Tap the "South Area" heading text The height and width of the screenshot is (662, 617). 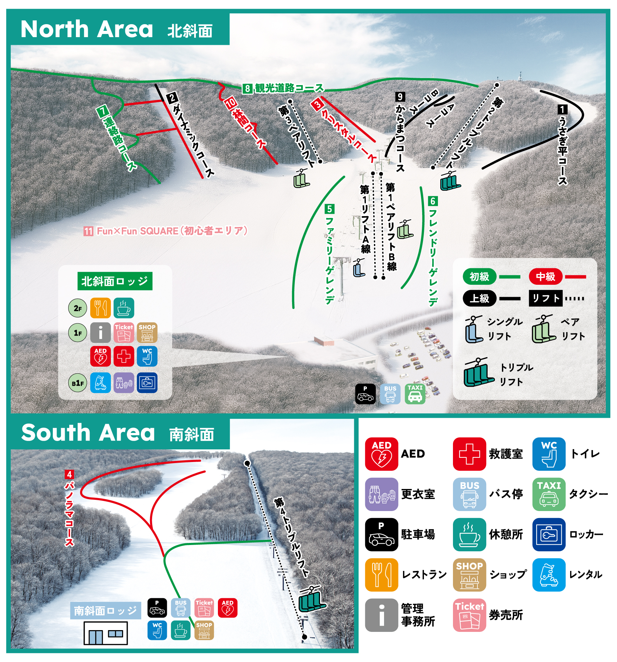88,433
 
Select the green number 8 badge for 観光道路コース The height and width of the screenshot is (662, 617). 248,88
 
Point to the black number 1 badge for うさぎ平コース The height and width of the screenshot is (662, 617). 562,109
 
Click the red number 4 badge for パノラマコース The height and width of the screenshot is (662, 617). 69,475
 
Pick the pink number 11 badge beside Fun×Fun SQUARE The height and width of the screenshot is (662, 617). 88,231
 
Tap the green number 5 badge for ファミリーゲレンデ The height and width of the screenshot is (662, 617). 329,209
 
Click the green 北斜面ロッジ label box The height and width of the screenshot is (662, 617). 115,281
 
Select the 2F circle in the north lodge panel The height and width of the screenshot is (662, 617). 77,308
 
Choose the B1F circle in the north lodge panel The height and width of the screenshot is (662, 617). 77,383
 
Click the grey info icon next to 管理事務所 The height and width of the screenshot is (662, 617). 381,615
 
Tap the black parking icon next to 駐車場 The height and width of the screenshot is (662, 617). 381,535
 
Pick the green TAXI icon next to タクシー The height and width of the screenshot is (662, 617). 549,494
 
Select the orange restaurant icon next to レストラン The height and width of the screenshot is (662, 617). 381,575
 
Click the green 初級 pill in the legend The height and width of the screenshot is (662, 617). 479,277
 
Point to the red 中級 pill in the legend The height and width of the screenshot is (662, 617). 545,277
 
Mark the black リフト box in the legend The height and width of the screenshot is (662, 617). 546,298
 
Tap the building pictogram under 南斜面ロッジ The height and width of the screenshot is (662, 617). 105,633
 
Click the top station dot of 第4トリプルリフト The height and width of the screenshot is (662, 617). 247,463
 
